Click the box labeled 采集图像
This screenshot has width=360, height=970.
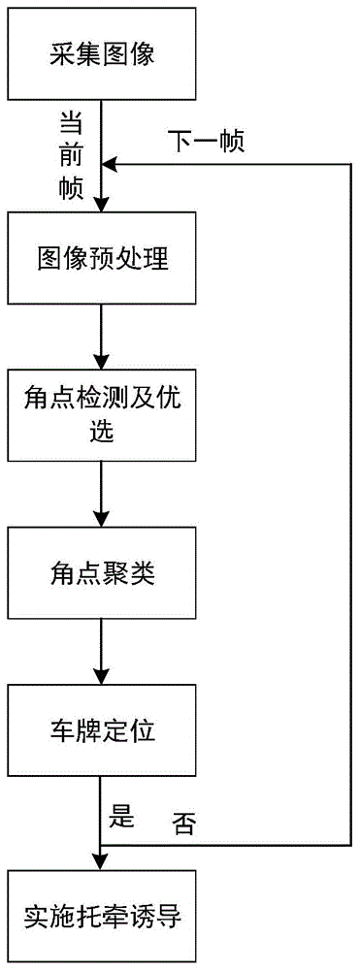[x=102, y=54]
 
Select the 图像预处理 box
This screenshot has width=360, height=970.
[x=102, y=258]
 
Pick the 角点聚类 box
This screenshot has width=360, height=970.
[x=102, y=573]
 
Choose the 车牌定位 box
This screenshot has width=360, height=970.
[x=102, y=731]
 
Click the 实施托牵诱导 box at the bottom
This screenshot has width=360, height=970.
[x=102, y=916]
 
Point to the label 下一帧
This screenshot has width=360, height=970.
[x=206, y=142]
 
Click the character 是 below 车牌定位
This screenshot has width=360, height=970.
[x=120, y=816]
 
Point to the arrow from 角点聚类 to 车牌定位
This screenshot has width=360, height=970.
[x=102, y=651]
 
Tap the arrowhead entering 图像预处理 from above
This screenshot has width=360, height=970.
[x=102, y=205]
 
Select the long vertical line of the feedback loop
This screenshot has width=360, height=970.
[x=348, y=504]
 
